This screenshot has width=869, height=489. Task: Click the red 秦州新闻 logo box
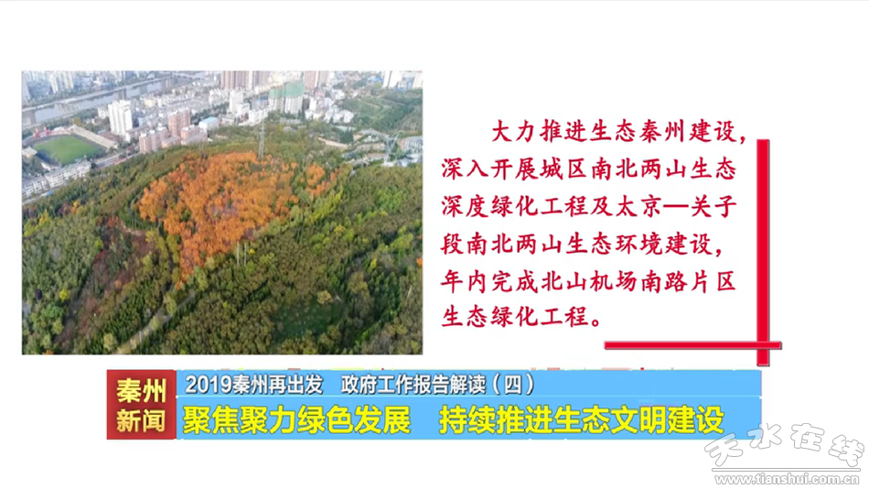click(141, 405)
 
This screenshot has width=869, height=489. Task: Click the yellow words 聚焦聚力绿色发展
click(296, 420)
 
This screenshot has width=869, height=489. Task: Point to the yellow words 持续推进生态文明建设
click(582, 420)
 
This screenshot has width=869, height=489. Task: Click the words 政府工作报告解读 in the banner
click(413, 384)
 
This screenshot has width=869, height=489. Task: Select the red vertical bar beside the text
click(763, 252)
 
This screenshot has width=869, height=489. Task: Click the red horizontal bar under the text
click(692, 345)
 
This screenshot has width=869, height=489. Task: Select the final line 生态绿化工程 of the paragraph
click(515, 317)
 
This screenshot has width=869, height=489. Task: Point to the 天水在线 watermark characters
click(784, 445)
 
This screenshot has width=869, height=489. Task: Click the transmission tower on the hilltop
click(261, 142)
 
